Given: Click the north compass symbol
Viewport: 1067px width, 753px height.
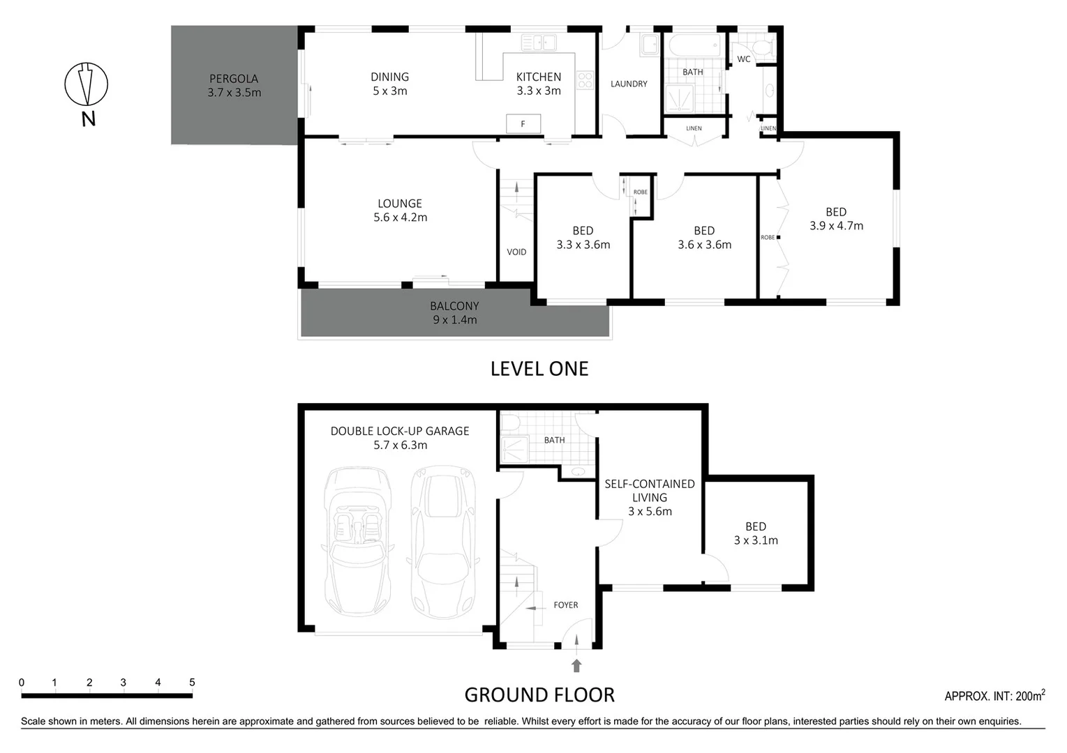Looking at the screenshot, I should tap(87, 84).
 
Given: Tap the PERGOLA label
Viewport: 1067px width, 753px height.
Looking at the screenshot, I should tap(234, 79).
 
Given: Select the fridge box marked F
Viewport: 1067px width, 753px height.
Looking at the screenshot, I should tap(523, 124).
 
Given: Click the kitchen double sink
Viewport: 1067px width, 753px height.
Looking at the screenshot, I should tap(539, 43).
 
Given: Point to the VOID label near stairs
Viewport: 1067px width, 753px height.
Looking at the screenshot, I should tap(516, 252).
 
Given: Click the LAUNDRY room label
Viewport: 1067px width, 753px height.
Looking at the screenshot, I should tap(629, 84).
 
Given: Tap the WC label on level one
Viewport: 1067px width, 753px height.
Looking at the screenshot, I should tap(744, 59).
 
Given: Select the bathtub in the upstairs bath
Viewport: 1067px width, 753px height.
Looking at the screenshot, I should tap(694, 47).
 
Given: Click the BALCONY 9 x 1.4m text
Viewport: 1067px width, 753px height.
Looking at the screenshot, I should tap(454, 313).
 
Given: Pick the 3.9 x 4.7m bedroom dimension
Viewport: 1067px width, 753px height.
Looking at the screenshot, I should tap(836, 226).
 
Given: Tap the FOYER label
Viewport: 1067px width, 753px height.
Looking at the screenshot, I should tap(566, 605).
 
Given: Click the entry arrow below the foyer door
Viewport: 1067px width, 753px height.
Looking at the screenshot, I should tap(576, 665).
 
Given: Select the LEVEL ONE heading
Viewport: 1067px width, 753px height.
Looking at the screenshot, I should tap(539, 369).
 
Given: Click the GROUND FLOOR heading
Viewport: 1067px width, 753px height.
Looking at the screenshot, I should tap(539, 695).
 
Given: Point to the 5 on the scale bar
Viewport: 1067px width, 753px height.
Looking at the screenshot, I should tap(192, 683).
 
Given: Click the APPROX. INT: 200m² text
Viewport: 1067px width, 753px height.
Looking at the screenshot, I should tap(994, 696).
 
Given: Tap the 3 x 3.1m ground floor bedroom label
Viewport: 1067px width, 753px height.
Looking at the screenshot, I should tap(756, 540).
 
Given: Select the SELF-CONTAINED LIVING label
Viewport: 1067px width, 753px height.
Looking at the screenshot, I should tap(650, 490).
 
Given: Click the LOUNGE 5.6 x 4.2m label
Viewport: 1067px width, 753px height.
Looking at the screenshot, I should tap(400, 211).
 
